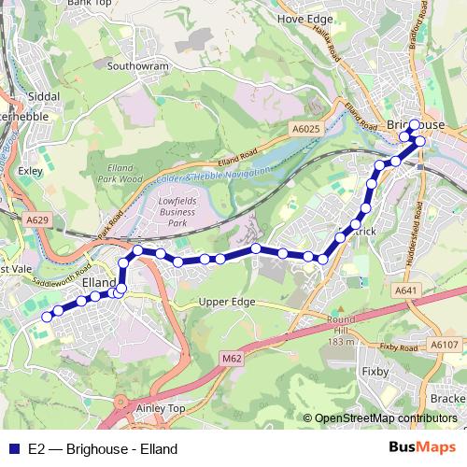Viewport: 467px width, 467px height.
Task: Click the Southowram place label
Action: pyautogui.click(x=136, y=66)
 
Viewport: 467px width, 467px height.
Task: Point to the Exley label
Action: pyautogui.click(x=31, y=171)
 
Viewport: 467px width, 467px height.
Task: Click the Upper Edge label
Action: pyautogui.click(x=227, y=303)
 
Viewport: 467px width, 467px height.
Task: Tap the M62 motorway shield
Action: pyautogui.click(x=232, y=358)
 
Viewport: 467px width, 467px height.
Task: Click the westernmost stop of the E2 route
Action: pyautogui.click(x=47, y=317)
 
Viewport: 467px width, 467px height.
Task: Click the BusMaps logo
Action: pyautogui.click(x=422, y=448)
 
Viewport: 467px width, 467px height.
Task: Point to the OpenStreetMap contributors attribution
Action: pyautogui.click(x=385, y=418)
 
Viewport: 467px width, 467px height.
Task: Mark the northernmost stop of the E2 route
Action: pyautogui.click(x=415, y=125)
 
